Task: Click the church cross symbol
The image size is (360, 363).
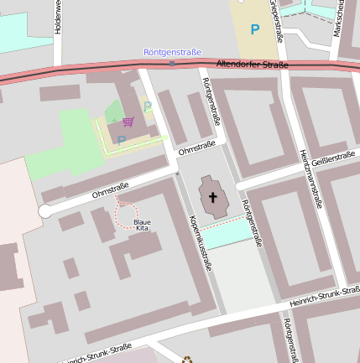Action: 213,198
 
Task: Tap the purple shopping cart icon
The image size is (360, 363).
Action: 128,122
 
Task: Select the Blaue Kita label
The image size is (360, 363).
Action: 143,224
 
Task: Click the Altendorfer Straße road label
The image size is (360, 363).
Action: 252,65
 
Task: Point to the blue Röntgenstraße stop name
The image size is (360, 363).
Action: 172,52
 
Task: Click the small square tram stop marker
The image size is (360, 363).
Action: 172,64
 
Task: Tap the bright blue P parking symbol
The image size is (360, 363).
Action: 255,30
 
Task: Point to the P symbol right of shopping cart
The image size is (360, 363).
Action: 148,107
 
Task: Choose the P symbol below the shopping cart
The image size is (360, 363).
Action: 121,141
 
